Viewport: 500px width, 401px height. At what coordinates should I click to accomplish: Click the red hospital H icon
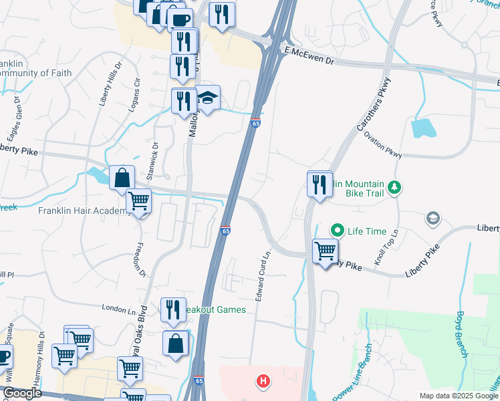(x=264, y=382)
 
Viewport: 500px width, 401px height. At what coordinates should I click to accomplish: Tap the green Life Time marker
(x=338, y=231)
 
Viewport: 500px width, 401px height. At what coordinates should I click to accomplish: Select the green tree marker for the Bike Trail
(x=395, y=186)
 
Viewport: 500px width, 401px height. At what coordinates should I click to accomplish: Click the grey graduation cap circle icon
(x=432, y=218)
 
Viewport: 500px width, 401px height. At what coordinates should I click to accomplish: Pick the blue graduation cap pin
(x=208, y=100)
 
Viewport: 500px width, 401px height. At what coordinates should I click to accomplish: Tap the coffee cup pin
(x=179, y=20)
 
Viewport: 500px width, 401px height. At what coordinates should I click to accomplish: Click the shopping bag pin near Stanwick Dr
(x=122, y=178)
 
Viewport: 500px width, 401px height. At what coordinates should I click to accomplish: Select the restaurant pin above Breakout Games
(x=173, y=310)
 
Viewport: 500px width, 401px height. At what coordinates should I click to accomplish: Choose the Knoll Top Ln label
(x=386, y=247)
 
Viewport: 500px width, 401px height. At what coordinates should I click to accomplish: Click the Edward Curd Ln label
(x=263, y=275)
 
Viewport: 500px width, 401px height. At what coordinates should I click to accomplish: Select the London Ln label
(x=118, y=308)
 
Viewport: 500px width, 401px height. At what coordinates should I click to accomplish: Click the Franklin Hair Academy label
(x=84, y=211)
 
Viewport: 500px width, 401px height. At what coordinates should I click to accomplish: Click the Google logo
(x=21, y=394)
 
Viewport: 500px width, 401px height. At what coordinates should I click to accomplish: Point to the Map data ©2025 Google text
(x=459, y=396)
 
